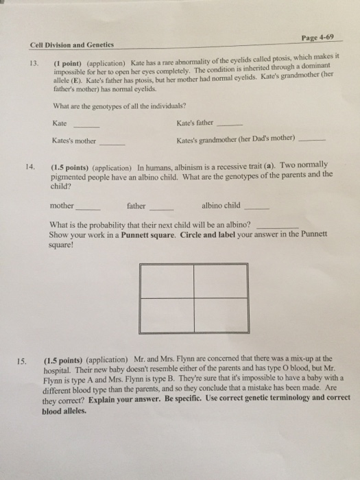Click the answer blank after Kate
(87, 127)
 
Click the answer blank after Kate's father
(228, 125)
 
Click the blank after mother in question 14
(90, 207)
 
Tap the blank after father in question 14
(162, 207)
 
